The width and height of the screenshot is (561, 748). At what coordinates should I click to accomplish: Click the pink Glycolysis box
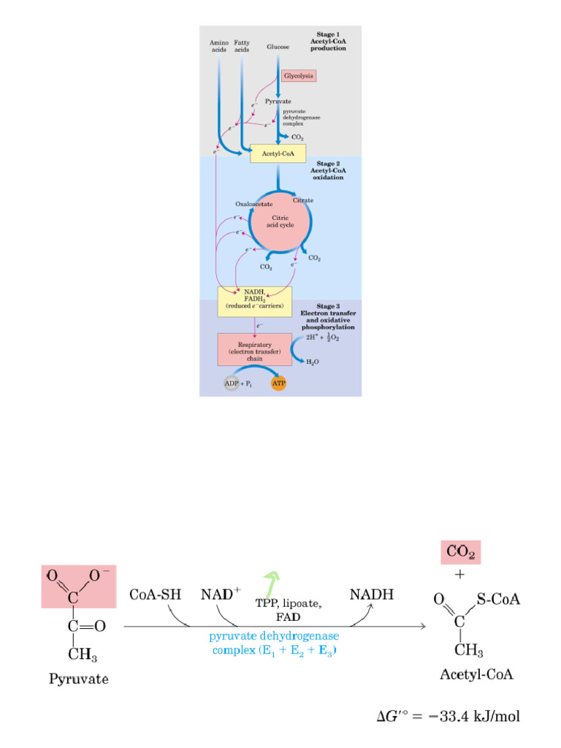coord(299,75)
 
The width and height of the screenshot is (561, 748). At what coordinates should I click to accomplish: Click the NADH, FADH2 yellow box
coord(249,301)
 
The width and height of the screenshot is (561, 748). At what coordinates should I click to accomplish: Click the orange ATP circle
coord(278,383)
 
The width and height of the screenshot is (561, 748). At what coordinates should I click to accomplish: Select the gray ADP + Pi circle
coord(232,383)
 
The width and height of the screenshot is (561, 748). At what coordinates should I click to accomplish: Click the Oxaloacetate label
coord(253,204)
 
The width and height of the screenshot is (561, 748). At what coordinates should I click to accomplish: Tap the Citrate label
coord(303,199)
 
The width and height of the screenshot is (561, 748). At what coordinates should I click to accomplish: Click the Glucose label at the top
coord(278,47)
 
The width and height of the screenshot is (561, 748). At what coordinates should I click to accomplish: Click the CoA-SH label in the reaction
coord(155,595)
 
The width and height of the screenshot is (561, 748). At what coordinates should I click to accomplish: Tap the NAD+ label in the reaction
coord(221,594)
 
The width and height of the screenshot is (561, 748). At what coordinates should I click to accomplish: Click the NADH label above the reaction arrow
coord(371,595)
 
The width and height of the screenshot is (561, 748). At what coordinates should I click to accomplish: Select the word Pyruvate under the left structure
coord(78,679)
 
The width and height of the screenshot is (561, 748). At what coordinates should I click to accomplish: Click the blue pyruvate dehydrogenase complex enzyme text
coord(274,643)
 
